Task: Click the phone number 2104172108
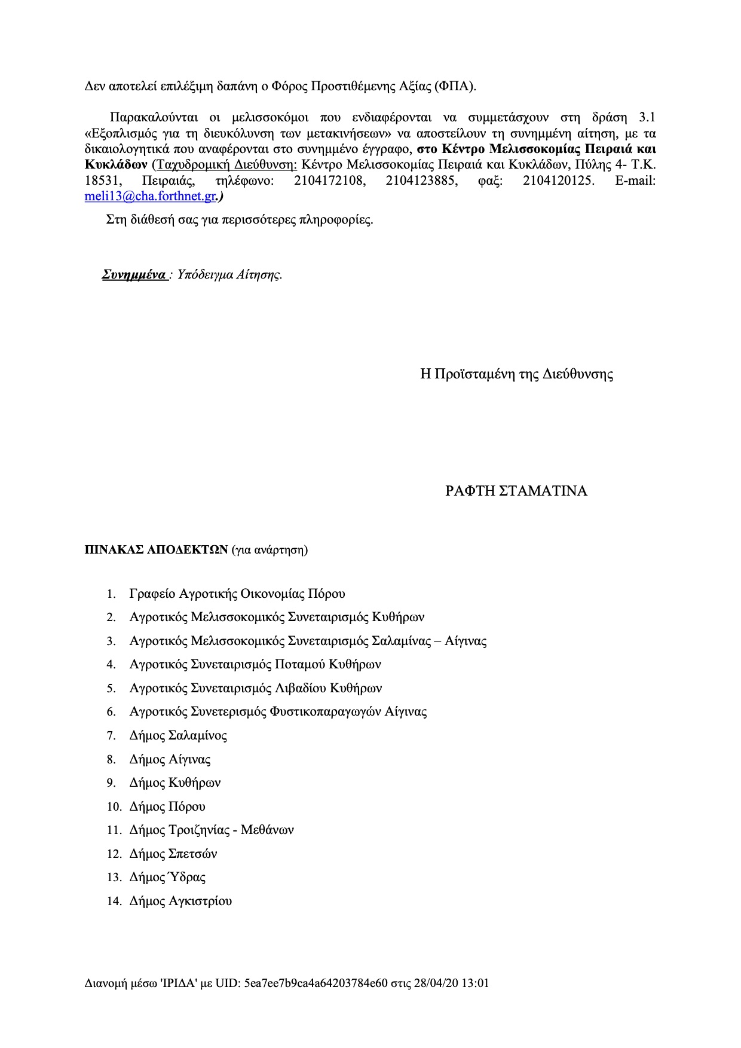tap(329, 181)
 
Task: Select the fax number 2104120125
tap(558, 181)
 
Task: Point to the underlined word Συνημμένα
tap(134, 275)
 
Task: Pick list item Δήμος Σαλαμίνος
tap(178, 736)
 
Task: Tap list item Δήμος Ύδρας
tap(167, 878)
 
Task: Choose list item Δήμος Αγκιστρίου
tap(180, 902)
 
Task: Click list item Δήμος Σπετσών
tap(173, 854)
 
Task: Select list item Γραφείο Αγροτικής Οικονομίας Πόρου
tap(237, 594)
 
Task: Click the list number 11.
tap(114, 830)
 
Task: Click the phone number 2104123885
tap(422, 181)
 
